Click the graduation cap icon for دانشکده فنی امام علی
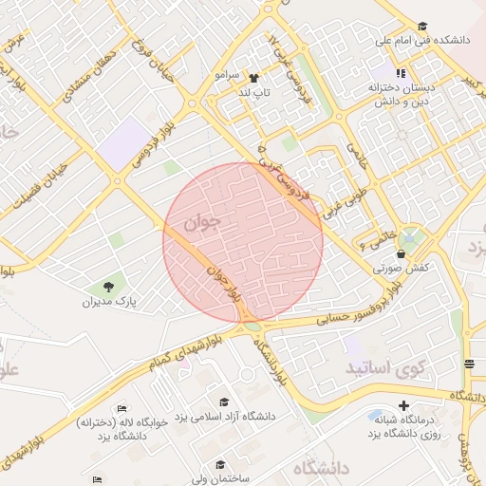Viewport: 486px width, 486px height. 422,27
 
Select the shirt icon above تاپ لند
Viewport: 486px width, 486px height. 253,78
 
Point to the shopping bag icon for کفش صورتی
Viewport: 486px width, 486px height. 401,254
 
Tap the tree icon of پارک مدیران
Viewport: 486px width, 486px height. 107,286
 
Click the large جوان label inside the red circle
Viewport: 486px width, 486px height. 202,224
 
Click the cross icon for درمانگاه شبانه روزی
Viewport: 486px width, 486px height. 404,405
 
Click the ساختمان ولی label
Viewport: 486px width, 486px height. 219,478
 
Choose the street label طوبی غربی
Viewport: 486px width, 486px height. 344,194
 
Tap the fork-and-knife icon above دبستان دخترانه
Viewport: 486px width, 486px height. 401,73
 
